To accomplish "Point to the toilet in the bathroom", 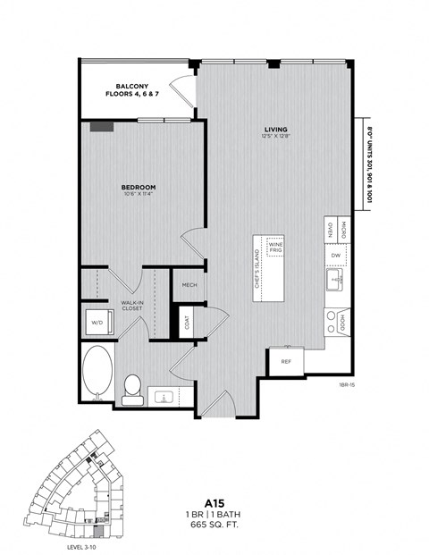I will pyautogui.click(x=132, y=387).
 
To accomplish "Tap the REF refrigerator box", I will pyautogui.click(x=285, y=362).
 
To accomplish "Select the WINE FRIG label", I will pyautogui.click(x=276, y=248).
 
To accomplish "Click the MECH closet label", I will pyautogui.click(x=189, y=285).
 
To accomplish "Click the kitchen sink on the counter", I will pyautogui.click(x=336, y=282).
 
